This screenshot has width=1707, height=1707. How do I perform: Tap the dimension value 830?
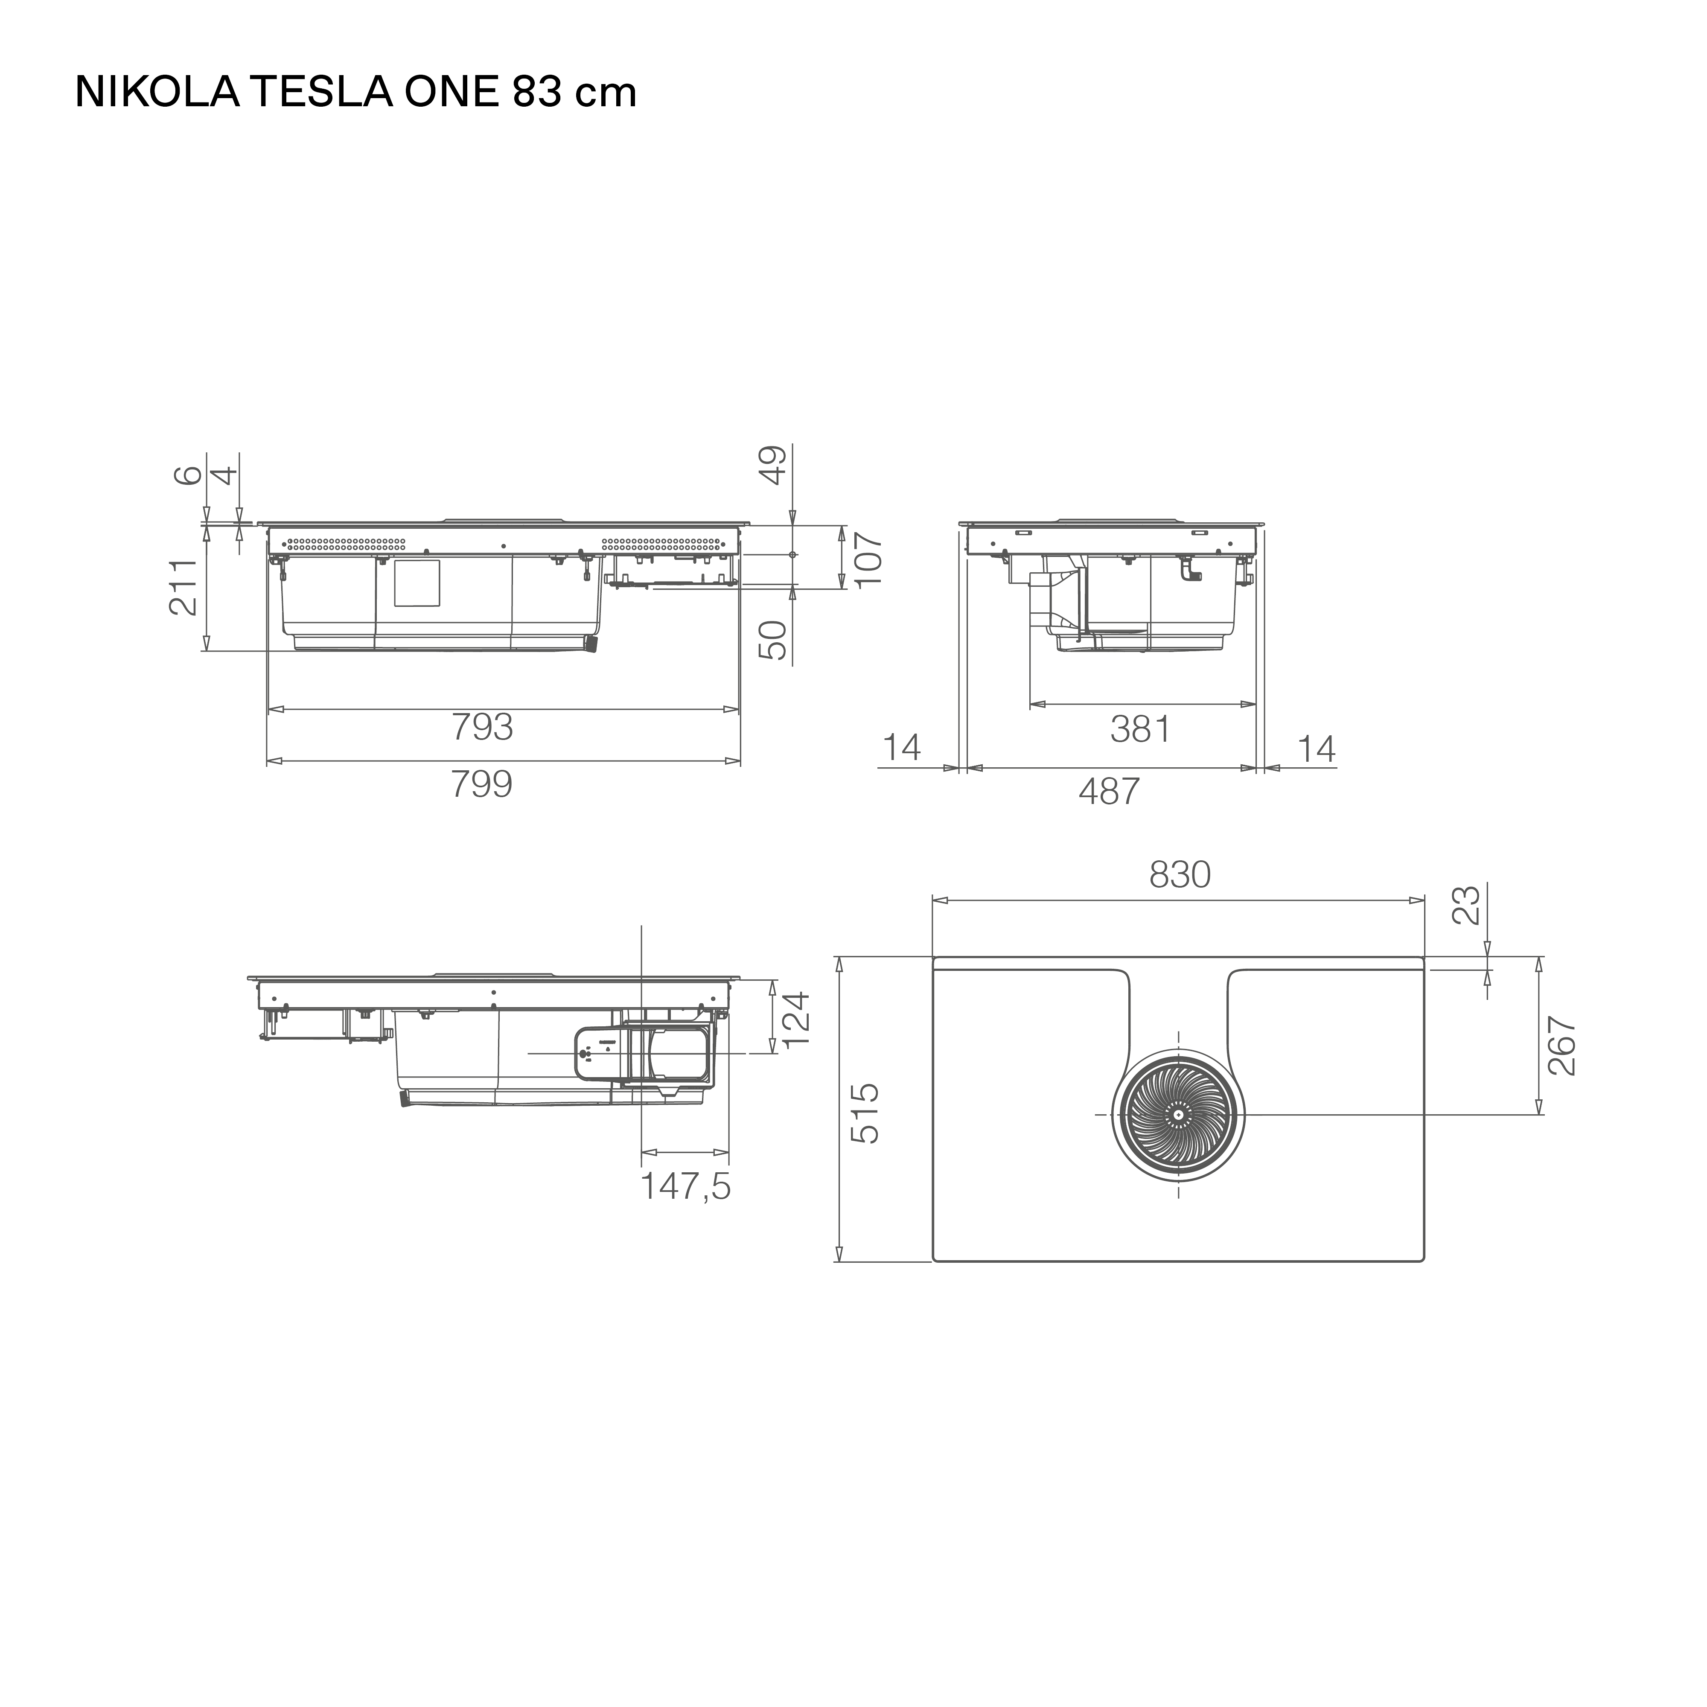click(1180, 875)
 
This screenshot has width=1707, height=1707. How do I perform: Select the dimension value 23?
click(1467, 906)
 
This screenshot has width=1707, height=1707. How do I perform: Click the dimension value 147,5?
click(686, 1187)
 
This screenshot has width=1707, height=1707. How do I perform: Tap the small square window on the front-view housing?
click(417, 583)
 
